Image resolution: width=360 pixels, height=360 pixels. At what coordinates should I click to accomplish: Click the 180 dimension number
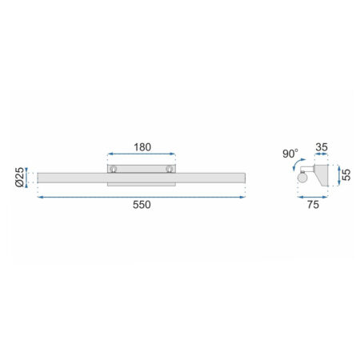(142, 147)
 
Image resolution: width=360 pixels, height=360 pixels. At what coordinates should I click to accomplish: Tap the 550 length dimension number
(142, 205)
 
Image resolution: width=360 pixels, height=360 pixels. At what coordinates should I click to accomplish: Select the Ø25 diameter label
(20, 177)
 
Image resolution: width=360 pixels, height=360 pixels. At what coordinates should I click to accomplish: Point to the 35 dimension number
(322, 147)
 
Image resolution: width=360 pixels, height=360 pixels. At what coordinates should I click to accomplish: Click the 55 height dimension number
(346, 175)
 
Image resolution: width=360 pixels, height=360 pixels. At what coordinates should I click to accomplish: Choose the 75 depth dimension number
(313, 205)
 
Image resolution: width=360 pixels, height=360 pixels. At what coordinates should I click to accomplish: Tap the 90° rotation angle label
(290, 154)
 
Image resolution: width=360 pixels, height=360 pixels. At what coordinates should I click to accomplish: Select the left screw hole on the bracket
(114, 169)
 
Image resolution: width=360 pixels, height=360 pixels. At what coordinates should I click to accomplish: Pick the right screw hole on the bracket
(170, 169)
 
